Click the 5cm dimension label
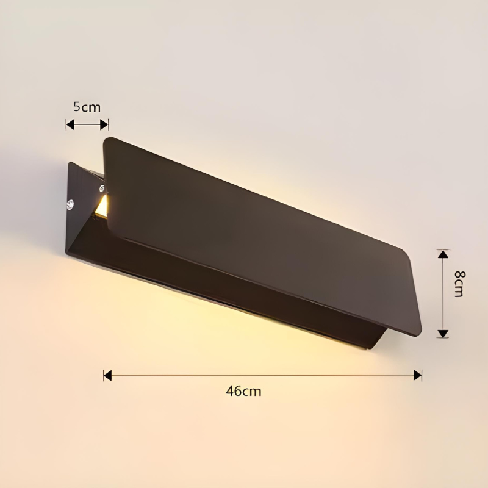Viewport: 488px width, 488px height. point(87,107)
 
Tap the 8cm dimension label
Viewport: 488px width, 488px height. point(459,283)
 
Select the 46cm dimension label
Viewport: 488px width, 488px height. point(243,391)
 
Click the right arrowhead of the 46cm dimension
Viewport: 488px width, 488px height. point(418,375)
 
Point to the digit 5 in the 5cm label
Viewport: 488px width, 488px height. point(77,107)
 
